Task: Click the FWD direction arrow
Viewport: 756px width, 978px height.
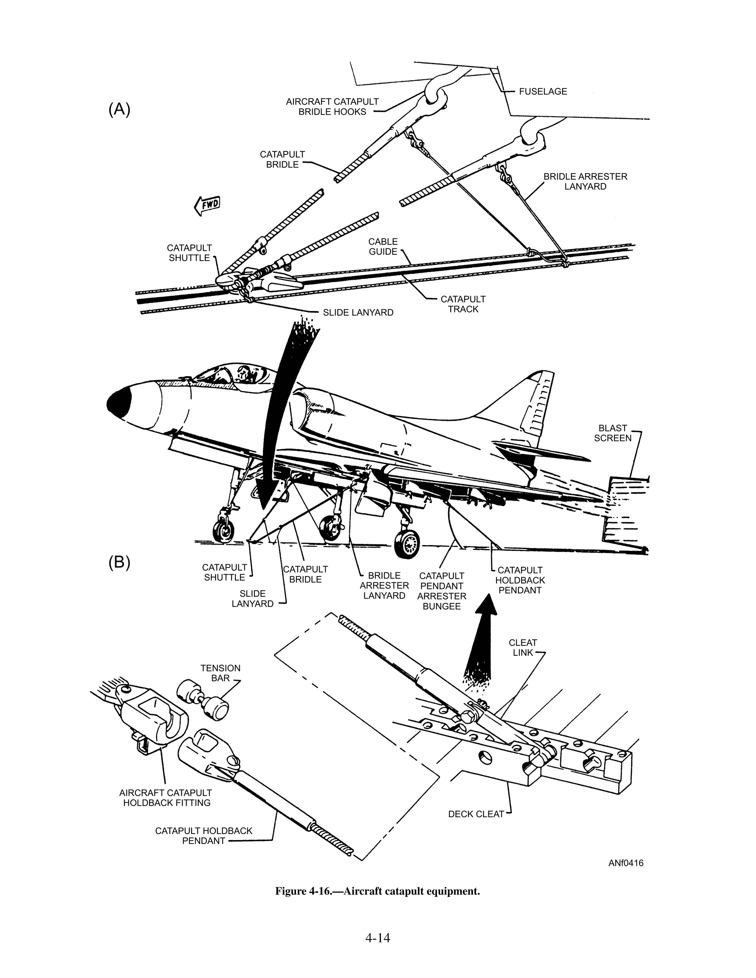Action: pyautogui.click(x=207, y=205)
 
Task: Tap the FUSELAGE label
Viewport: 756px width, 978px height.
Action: pyautogui.click(x=542, y=92)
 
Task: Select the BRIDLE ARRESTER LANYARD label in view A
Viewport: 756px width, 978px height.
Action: pyautogui.click(x=585, y=181)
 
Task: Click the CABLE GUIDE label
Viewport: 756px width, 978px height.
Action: pyautogui.click(x=383, y=246)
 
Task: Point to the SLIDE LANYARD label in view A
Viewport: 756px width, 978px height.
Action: pyautogui.click(x=358, y=313)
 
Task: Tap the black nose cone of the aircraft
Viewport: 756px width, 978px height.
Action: pyautogui.click(x=119, y=402)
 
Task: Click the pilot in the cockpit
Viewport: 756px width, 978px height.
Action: pyautogui.click(x=244, y=373)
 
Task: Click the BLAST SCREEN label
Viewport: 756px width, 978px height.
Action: pyautogui.click(x=612, y=433)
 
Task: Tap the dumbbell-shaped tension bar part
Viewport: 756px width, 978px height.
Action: pyautogui.click(x=203, y=699)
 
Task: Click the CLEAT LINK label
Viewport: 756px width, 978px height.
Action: pyautogui.click(x=522, y=648)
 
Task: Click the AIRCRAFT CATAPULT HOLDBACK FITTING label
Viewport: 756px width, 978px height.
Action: pyautogui.click(x=166, y=798)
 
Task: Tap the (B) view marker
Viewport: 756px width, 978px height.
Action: pyautogui.click(x=119, y=562)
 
